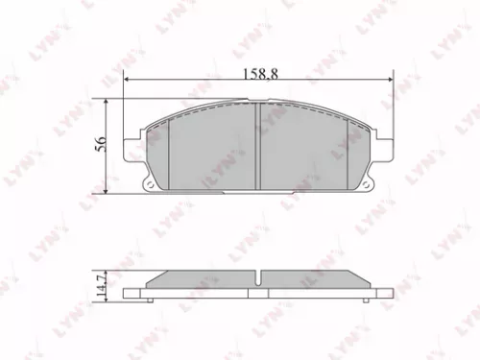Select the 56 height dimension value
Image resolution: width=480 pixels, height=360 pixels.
pos(99,146)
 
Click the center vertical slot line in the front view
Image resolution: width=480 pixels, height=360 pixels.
pos(262,144)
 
